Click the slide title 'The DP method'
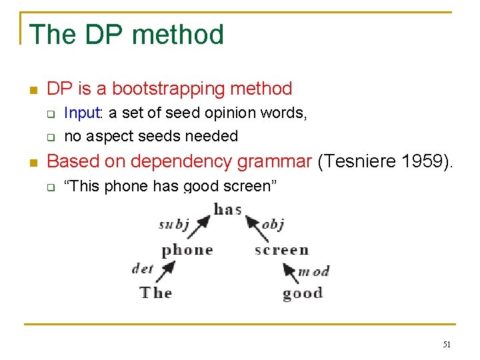127,35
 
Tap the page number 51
446,345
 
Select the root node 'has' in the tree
227,209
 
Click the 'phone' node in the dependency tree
187,251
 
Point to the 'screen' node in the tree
281,251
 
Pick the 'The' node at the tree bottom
156,293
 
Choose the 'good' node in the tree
302,293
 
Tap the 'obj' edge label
273,225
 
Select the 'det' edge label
143,268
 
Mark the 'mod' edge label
313,271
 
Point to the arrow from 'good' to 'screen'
290,273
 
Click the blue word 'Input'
81,113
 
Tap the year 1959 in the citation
423,161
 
